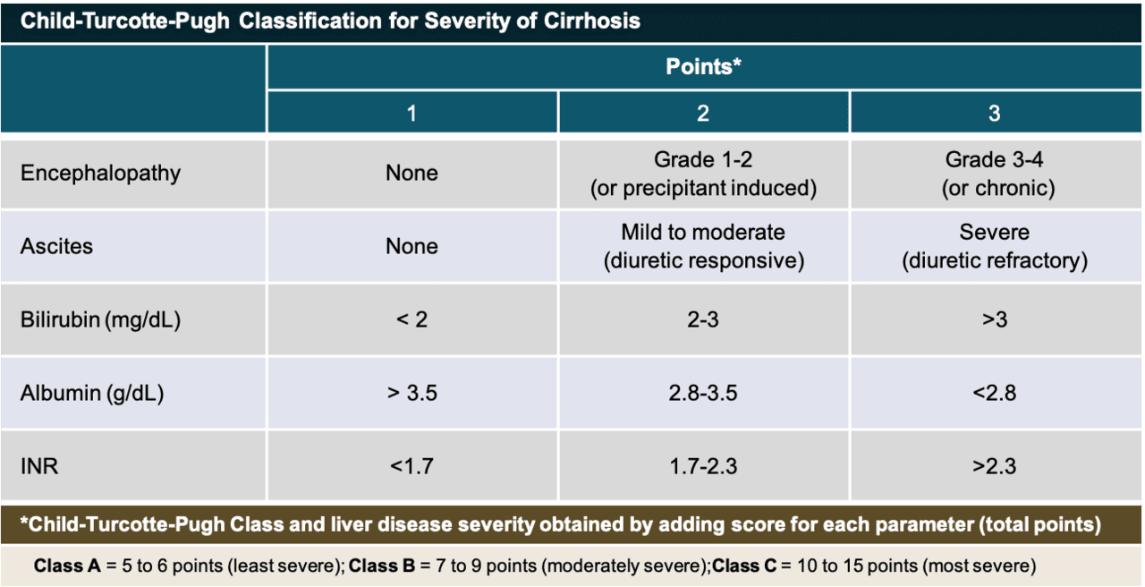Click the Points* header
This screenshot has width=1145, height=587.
[x=703, y=66]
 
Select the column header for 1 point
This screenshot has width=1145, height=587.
[x=412, y=113]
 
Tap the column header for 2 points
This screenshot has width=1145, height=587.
[x=703, y=113]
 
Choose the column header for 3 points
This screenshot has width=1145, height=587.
[x=994, y=113]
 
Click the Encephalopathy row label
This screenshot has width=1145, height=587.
[x=101, y=174]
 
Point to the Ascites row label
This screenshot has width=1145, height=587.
[x=56, y=246]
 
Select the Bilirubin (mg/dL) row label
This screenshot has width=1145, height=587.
[x=101, y=320]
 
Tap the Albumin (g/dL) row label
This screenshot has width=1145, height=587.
[x=92, y=393]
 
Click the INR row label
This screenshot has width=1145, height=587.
[x=39, y=466]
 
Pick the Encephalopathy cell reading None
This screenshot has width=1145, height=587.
[x=412, y=174]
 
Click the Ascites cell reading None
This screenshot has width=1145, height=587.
[x=412, y=246]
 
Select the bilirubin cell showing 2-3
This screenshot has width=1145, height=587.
[x=703, y=320]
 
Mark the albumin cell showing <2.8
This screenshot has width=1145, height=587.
[x=994, y=393]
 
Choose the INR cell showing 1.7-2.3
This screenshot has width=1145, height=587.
[x=703, y=466]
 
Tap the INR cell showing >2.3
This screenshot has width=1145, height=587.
[x=994, y=466]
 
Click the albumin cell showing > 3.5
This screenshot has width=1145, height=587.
[x=412, y=393]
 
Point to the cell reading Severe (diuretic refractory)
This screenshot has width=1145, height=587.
[x=994, y=246]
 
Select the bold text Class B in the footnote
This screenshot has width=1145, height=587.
[x=382, y=566]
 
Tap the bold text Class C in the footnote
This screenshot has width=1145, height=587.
[x=744, y=566]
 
